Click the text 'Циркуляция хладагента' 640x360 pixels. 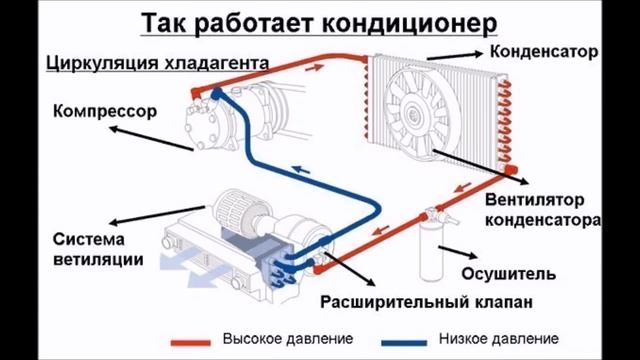[x=156, y=65]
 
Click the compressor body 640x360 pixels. [x=222, y=118]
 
